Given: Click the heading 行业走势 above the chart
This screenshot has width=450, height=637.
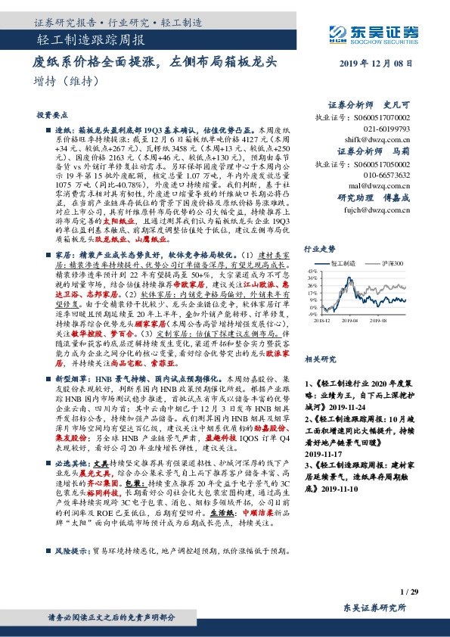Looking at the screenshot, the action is pos(318,248).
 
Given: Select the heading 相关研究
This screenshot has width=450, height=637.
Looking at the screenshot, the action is pos(318,362).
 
